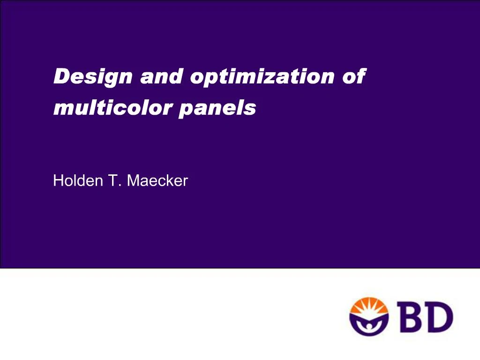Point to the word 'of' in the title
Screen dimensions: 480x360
pos(354,76)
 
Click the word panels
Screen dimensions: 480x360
pos(217,109)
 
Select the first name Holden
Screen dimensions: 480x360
pos(78,180)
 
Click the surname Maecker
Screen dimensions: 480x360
pos(157,180)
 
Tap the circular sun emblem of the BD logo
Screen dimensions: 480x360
pos(368,316)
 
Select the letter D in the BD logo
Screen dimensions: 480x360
pos(439,316)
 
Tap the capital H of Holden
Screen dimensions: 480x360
pos(58,180)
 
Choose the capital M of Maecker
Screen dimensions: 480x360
pos(133,180)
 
